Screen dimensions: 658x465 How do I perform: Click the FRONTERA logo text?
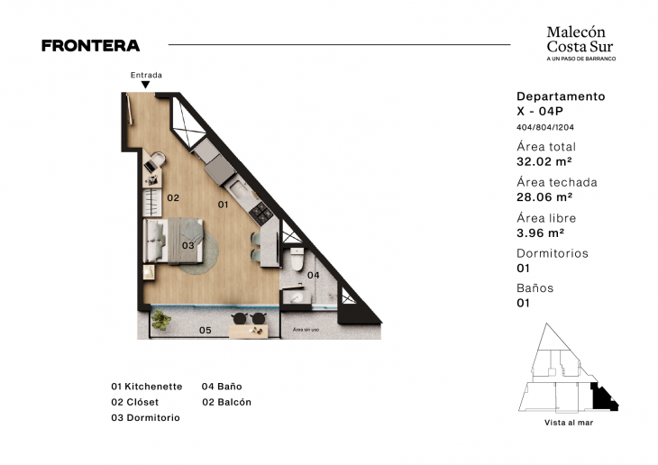[90, 45]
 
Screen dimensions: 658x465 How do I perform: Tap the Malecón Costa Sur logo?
[580, 43]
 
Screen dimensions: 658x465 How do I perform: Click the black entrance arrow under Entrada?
[146, 85]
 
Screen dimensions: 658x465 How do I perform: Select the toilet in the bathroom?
[297, 259]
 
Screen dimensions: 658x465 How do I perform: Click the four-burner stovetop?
[261, 213]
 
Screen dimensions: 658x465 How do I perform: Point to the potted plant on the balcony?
[160, 319]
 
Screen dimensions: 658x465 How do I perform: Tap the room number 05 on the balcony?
[206, 331]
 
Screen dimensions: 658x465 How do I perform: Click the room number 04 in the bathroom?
[314, 276]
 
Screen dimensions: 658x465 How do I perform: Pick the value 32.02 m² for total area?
[544, 161]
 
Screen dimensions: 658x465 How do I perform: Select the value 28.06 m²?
[544, 197]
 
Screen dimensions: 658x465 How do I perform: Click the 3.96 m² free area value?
[541, 232]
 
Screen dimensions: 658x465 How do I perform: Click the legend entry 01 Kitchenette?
[147, 387]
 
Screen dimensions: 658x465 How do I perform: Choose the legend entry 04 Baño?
[222, 387]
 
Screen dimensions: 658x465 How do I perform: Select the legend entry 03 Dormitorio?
[146, 417]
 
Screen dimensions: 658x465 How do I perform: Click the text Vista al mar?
[569, 423]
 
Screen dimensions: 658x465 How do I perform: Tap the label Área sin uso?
[306, 330]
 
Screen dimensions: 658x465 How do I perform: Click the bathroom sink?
[295, 297]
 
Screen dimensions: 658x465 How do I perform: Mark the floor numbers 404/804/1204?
[545, 128]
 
